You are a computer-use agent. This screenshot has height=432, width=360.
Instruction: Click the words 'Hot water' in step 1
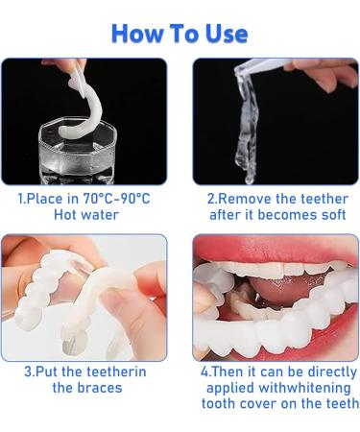pos(85,216)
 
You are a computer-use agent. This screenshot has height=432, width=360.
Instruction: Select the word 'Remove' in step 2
pos(247,199)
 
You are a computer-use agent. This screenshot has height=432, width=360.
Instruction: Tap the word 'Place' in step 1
pos(55,199)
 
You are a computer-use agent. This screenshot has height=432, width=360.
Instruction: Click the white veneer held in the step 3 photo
pos(48,288)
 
